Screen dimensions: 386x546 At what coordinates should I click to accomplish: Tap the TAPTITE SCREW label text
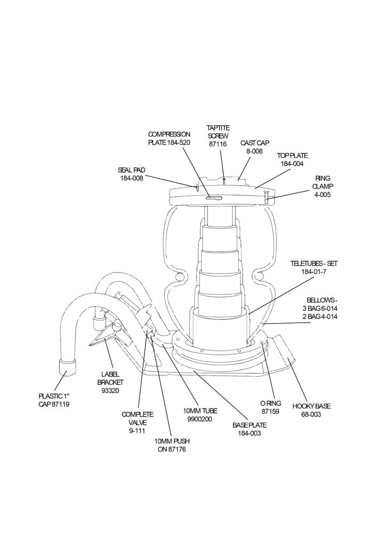point(218,132)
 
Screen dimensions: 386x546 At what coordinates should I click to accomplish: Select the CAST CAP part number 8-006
point(254,151)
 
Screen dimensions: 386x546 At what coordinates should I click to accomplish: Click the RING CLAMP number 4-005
point(323,195)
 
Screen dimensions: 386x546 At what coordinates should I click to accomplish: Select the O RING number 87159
point(270,412)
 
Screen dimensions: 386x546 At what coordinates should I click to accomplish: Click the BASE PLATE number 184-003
point(249,433)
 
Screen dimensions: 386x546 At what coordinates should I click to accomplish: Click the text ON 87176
point(172,449)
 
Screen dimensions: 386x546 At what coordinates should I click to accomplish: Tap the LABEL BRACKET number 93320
point(110,391)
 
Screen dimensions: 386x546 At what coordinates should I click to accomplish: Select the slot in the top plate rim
point(213,198)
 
